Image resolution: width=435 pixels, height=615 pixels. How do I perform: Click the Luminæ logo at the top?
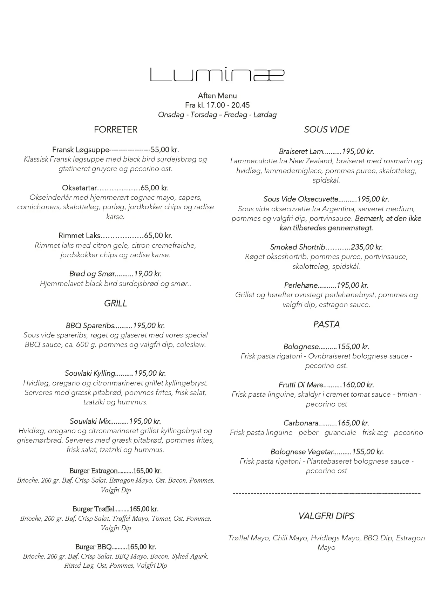(217, 75)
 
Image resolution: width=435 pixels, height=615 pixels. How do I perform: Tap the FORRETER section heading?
(115, 130)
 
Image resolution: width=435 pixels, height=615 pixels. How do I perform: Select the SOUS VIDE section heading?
(326, 130)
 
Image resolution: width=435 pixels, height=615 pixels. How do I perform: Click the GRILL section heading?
(115, 303)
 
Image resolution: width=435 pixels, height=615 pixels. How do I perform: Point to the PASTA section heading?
(326, 324)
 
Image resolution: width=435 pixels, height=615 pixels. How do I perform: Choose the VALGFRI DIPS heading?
(326, 516)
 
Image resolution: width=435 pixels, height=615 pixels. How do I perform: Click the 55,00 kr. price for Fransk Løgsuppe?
(165, 150)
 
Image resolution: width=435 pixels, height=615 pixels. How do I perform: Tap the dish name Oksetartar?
(79, 188)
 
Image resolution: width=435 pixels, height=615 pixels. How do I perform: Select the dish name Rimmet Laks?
(80, 236)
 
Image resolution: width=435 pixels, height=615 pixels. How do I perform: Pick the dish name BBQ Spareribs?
(90, 326)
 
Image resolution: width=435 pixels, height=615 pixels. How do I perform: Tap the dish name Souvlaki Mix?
(90, 422)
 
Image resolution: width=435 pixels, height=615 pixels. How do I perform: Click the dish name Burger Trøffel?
(93, 509)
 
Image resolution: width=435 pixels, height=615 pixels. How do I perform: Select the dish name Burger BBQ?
(93, 547)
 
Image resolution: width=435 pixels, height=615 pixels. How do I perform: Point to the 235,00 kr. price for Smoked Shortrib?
(367, 247)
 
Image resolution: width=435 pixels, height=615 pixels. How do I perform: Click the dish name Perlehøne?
(301, 286)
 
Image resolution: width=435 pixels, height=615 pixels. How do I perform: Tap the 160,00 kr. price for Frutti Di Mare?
(358, 385)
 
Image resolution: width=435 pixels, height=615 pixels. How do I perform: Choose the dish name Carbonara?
(301, 423)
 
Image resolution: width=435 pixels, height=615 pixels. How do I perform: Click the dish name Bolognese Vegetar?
(302, 452)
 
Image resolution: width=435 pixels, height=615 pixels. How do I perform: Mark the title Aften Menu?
(217, 96)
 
